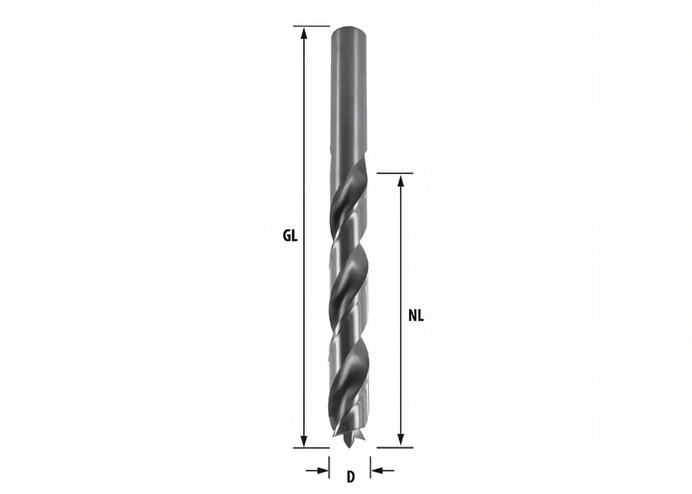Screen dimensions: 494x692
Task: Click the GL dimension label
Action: point(290,236)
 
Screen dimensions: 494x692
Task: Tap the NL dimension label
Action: point(416,315)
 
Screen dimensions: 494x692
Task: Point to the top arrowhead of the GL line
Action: point(304,32)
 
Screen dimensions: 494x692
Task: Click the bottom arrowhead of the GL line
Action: point(304,442)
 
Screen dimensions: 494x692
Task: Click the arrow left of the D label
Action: point(318,470)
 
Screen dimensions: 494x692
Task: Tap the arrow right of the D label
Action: point(382,470)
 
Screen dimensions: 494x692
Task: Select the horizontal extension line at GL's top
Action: point(311,26)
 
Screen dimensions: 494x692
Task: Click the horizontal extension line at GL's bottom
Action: point(311,447)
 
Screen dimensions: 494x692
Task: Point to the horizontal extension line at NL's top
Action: point(395,173)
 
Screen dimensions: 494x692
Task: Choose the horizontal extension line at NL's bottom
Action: point(395,447)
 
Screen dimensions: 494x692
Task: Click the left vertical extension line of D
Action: point(329,468)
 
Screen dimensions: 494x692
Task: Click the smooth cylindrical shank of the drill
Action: point(348,98)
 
